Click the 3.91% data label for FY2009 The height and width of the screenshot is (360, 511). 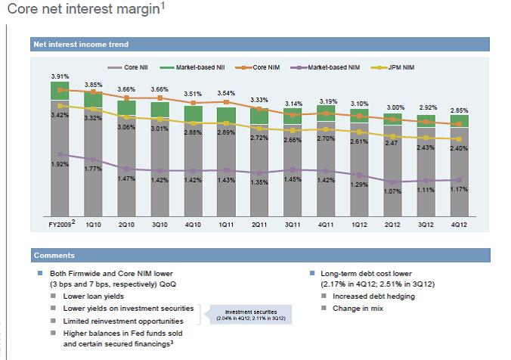[60, 76]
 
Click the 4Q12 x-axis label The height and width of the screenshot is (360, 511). [459, 225]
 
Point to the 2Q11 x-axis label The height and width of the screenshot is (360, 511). [259, 225]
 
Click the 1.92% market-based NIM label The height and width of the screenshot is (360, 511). [60, 164]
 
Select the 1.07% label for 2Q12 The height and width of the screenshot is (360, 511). [392, 191]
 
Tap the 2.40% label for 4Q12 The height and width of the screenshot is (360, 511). [459, 148]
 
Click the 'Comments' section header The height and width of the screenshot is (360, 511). [54, 255]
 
